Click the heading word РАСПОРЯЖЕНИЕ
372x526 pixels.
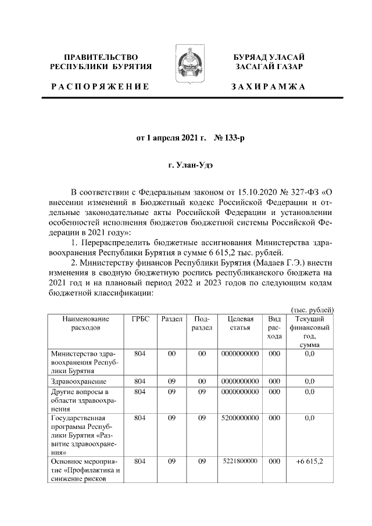pyautogui.click(x=99, y=86)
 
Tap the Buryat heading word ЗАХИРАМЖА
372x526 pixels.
pyautogui.click(x=268, y=86)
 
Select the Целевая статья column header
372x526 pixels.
pyautogui.click(x=239, y=323)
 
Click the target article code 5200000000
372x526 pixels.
pyautogui.click(x=239, y=417)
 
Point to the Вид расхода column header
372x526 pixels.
pyautogui.click(x=274, y=328)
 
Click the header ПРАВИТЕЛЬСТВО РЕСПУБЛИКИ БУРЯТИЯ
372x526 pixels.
pyautogui.click(x=100, y=62)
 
